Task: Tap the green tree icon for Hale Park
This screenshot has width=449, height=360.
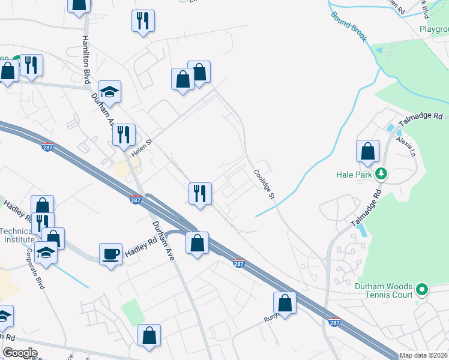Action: pos(380,175)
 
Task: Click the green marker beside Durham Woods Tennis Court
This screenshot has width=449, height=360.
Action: pos(422,290)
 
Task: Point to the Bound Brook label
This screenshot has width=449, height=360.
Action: pos(348,26)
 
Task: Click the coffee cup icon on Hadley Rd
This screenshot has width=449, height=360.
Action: pos(110,254)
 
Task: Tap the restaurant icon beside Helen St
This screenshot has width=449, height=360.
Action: pos(124,134)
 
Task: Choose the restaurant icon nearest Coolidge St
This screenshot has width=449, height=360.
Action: pos(200,193)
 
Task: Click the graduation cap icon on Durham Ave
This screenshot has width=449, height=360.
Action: pos(110,92)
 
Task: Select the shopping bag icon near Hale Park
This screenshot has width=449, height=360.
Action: pos(367,151)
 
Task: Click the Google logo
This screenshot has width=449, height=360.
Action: pos(20,353)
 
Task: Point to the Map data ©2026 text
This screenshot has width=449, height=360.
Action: pos(424,355)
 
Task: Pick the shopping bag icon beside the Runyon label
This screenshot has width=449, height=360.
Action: pos(285,302)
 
